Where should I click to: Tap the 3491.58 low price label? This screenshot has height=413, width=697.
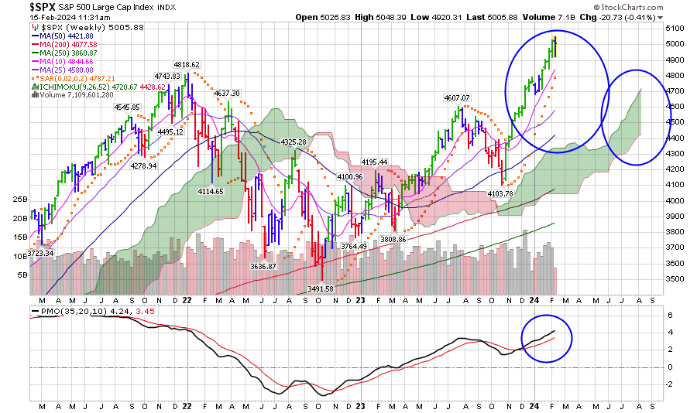click(x=319, y=288)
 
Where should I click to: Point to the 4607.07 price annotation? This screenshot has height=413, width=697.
click(x=457, y=98)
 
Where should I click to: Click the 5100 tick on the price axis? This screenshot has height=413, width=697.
click(x=676, y=28)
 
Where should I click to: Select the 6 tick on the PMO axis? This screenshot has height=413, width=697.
click(x=671, y=316)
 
